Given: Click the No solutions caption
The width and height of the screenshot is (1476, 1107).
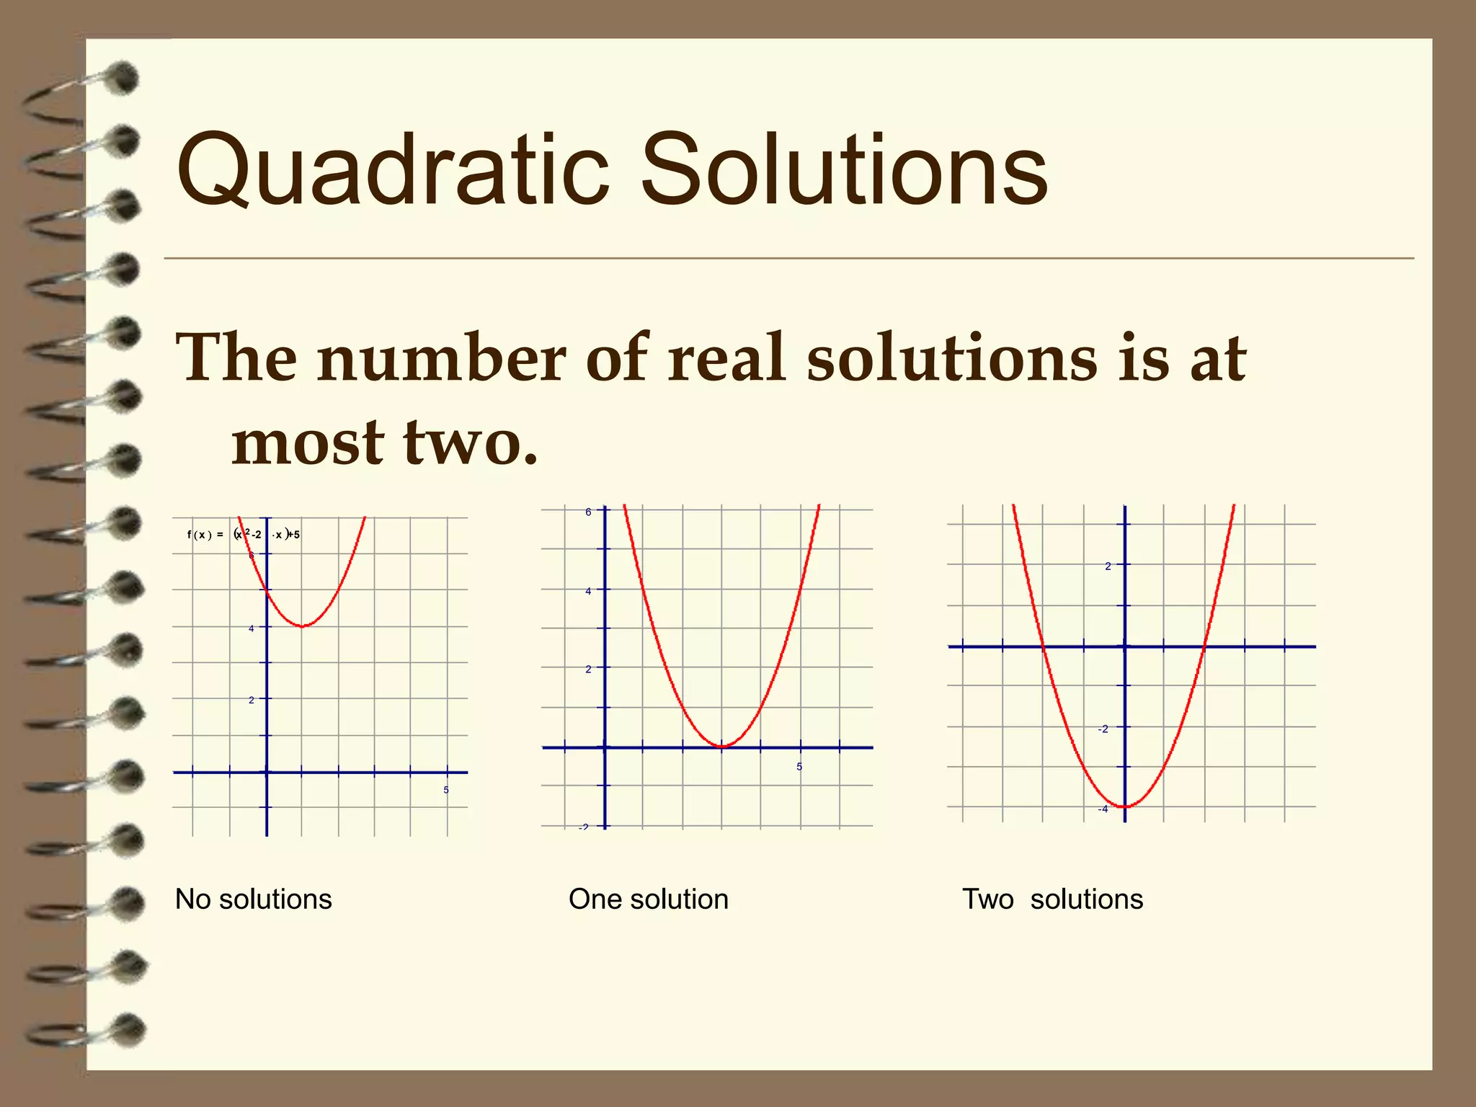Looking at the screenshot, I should click(253, 899).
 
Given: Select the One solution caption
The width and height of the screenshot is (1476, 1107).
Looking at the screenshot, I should click(648, 899).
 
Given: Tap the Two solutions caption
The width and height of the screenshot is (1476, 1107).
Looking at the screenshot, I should click(1052, 899).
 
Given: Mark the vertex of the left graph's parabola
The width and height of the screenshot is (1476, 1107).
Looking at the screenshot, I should click(303, 626).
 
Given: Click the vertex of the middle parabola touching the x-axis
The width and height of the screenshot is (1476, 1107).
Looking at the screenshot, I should click(722, 747).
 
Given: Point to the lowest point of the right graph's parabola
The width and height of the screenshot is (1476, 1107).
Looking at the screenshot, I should click(1125, 806).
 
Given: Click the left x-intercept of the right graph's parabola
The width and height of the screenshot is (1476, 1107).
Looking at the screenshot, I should click(1043, 646).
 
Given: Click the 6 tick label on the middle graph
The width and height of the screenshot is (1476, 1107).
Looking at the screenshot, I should click(588, 512).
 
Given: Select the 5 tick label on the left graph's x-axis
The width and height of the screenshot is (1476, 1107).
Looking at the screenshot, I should click(446, 790).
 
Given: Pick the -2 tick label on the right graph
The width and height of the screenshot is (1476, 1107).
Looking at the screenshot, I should click(1103, 729).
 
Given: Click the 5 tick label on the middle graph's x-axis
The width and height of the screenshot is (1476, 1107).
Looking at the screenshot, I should click(799, 767).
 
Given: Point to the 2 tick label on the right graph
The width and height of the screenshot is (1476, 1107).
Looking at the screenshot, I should click(1108, 566).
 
